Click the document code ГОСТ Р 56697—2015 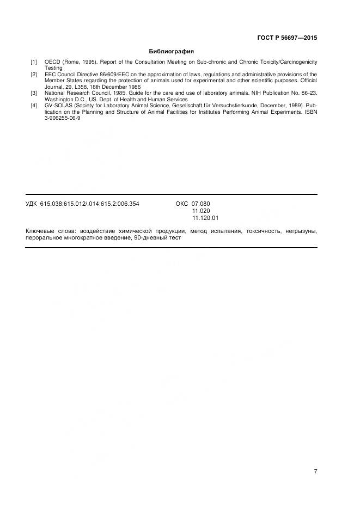[286, 38]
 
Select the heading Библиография [172, 52]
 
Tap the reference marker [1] [34, 63]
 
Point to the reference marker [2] [34, 75]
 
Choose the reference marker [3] [34, 94]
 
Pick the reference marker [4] [34, 106]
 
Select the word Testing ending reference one [53, 69]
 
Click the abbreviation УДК [32, 204]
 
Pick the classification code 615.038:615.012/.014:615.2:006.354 [89, 204]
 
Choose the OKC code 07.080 [200, 204]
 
